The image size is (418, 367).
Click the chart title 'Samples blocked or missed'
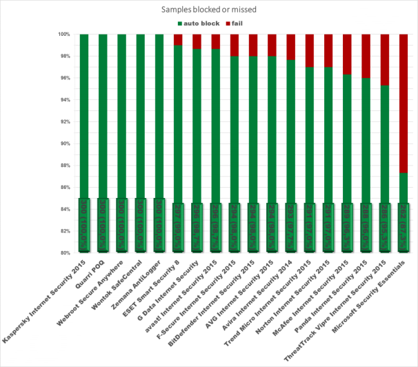[208, 10]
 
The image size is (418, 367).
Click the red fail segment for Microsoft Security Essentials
[404, 103]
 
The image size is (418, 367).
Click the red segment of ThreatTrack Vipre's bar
[385, 59]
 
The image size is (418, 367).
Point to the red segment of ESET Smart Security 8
[178, 39]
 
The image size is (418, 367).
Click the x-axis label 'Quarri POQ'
[90, 272]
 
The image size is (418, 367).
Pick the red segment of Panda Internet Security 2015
[366, 56]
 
